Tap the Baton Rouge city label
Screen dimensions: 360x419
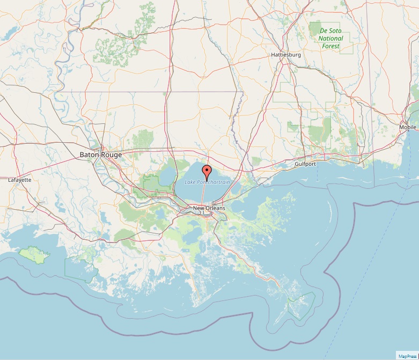100,155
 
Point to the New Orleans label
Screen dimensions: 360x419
209,208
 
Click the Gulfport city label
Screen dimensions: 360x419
305,164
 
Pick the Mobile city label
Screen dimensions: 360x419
407,127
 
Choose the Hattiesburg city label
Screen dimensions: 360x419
286,55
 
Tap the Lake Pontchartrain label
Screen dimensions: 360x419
207,182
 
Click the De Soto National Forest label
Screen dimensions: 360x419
330,38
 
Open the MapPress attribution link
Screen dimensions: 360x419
407,355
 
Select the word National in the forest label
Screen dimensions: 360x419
331,39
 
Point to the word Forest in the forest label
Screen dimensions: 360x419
330,46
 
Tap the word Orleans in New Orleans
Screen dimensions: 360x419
215,208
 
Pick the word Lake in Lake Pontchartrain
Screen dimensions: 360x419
190,182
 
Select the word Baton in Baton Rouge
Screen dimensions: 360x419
89,155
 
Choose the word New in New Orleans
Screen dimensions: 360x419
199,208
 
